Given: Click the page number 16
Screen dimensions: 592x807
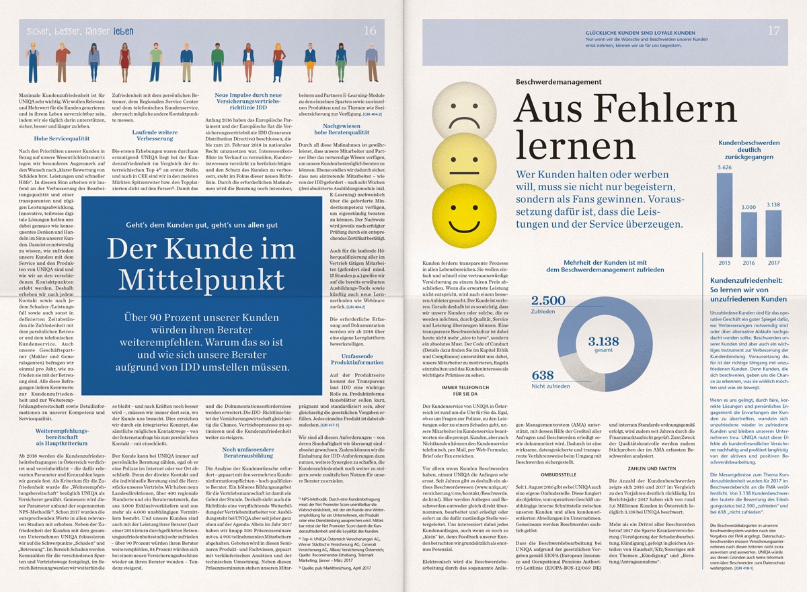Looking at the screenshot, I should pos(370,30).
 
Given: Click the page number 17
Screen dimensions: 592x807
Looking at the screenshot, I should pos(773,30).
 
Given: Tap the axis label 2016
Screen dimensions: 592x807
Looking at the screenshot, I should pos(748,263).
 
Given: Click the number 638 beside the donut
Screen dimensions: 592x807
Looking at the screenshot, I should pos(543,375).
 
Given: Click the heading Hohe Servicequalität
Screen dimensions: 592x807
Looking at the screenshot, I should pos(46,138).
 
